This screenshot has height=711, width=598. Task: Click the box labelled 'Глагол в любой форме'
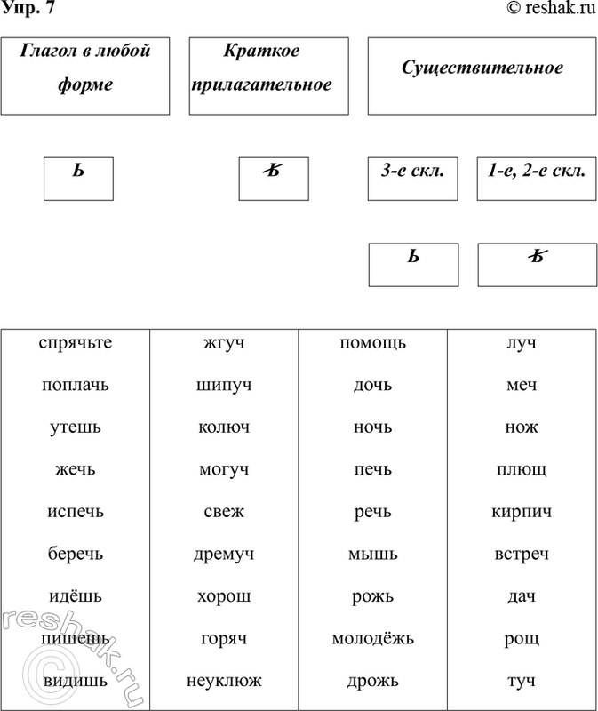[84, 76]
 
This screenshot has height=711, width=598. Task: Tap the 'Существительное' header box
[482, 76]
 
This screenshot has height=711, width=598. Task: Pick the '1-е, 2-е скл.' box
[537, 179]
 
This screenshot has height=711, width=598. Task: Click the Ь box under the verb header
[79, 179]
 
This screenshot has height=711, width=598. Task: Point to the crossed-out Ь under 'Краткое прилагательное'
[274, 179]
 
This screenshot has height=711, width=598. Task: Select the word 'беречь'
[76, 554]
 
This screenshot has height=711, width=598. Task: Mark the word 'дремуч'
[224, 554]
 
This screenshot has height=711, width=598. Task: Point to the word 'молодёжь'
[372, 638]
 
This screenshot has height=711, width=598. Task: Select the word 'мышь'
[372, 554]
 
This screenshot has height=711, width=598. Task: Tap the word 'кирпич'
[521, 512]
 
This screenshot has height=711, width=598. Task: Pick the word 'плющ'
[521, 470]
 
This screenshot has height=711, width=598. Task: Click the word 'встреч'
[521, 554]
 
